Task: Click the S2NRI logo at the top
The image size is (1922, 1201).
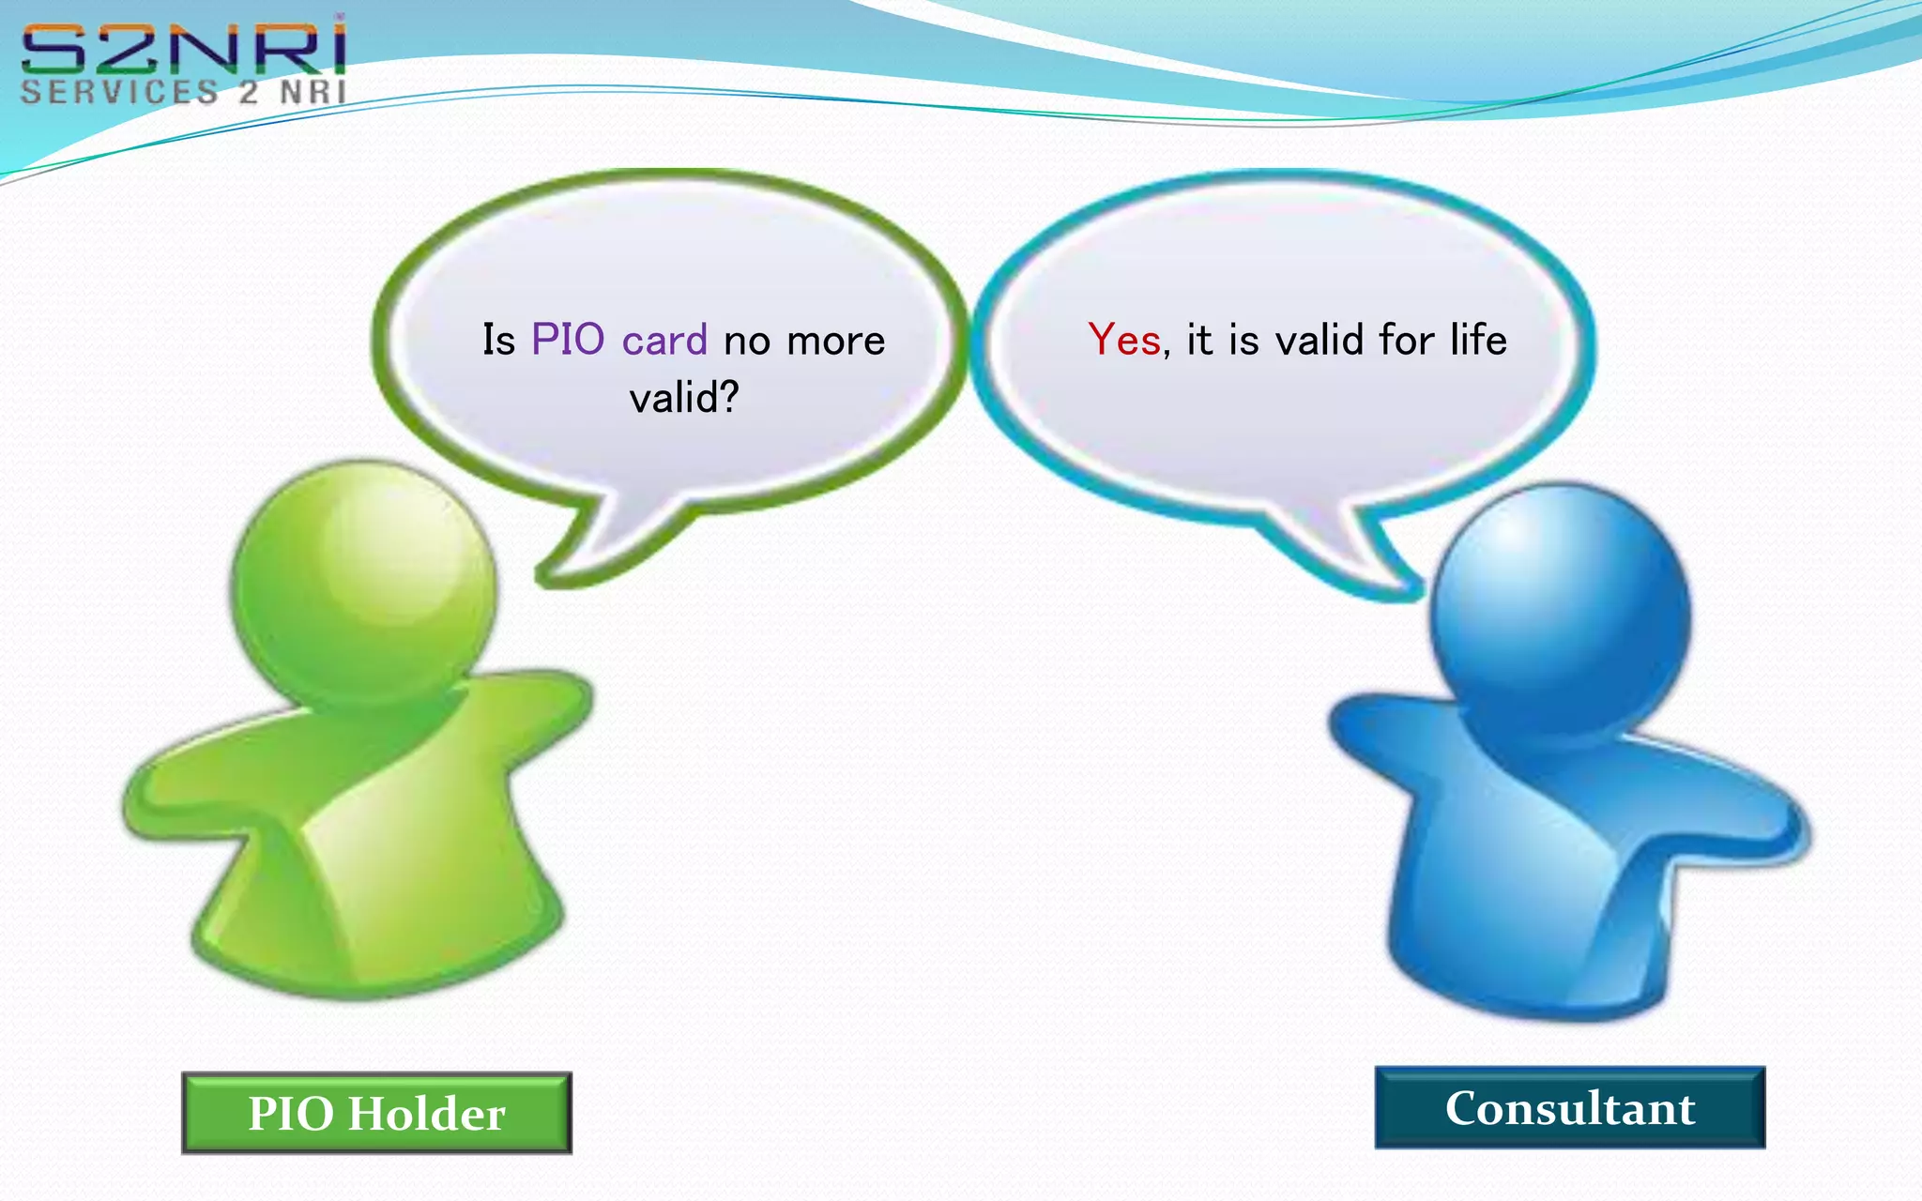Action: pyautogui.click(x=184, y=49)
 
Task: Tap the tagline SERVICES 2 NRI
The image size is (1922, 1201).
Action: pyautogui.click(x=184, y=92)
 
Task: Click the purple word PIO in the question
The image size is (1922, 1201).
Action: pyautogui.click(x=568, y=340)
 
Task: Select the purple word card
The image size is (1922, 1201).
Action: pyautogui.click(x=664, y=340)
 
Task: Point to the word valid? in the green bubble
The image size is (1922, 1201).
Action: pyautogui.click(x=684, y=398)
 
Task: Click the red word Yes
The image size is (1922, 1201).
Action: pyautogui.click(x=1124, y=340)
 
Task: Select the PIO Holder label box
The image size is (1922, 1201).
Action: pyautogui.click(x=376, y=1113)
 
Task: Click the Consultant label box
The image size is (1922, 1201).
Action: pyautogui.click(x=1570, y=1107)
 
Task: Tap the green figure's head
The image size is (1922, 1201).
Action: pyautogui.click(x=364, y=582)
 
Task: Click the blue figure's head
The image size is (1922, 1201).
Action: pyautogui.click(x=1560, y=610)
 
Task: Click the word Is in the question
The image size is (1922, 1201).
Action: pyautogui.click(x=498, y=340)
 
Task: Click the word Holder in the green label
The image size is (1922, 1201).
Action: pyautogui.click(x=427, y=1114)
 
